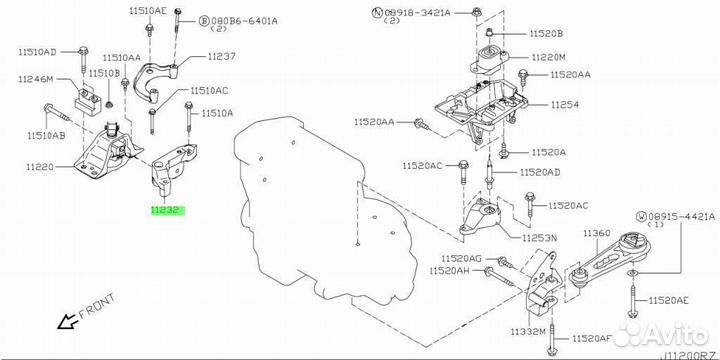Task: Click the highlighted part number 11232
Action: (x=168, y=211)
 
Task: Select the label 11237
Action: (x=222, y=56)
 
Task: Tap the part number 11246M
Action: (x=36, y=79)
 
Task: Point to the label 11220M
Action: (x=549, y=57)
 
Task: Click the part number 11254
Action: (x=565, y=105)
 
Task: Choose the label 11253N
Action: (x=539, y=238)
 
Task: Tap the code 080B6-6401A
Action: (x=245, y=20)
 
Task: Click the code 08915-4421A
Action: (x=681, y=216)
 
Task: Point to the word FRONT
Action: (x=97, y=306)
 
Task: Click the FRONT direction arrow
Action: (x=68, y=321)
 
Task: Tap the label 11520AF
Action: (x=592, y=339)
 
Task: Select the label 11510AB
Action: (x=46, y=135)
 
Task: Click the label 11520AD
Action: (x=540, y=173)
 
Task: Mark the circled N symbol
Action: (x=377, y=13)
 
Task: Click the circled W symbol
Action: (x=641, y=216)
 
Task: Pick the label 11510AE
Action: (x=148, y=12)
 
